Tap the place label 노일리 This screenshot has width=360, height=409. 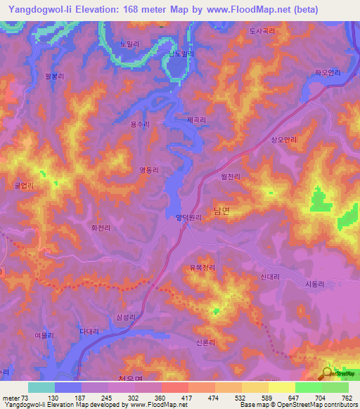point(129,44)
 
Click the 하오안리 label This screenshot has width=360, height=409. point(327,72)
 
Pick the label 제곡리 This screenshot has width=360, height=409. point(196,120)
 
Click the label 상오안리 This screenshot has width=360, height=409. point(284,140)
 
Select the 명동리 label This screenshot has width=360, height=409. point(149,169)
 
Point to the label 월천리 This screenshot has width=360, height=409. point(231,177)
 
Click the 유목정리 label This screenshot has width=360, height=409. point(202,268)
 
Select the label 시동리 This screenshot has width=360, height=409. point(316,283)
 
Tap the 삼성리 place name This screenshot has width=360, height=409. point(124,318)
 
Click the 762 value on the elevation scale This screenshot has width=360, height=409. point(347,398)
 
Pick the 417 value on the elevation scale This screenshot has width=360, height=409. point(186,398)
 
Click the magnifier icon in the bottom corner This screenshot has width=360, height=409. point(328,374)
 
